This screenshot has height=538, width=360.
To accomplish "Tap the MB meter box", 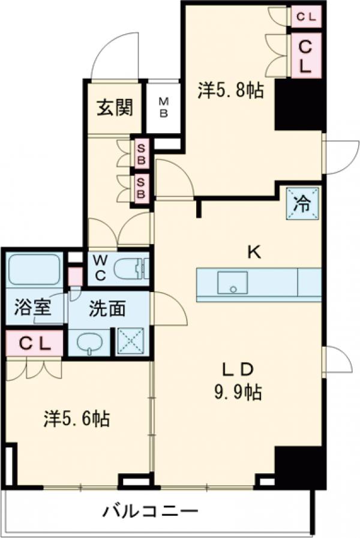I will tap(163, 108).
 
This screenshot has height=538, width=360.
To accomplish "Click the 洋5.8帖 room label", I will tap(231, 91).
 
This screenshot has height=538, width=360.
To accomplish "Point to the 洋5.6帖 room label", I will tap(76, 419).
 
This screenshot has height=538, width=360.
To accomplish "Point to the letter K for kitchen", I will tap(254, 253).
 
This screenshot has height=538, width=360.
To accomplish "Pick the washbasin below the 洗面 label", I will tap(89, 344).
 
